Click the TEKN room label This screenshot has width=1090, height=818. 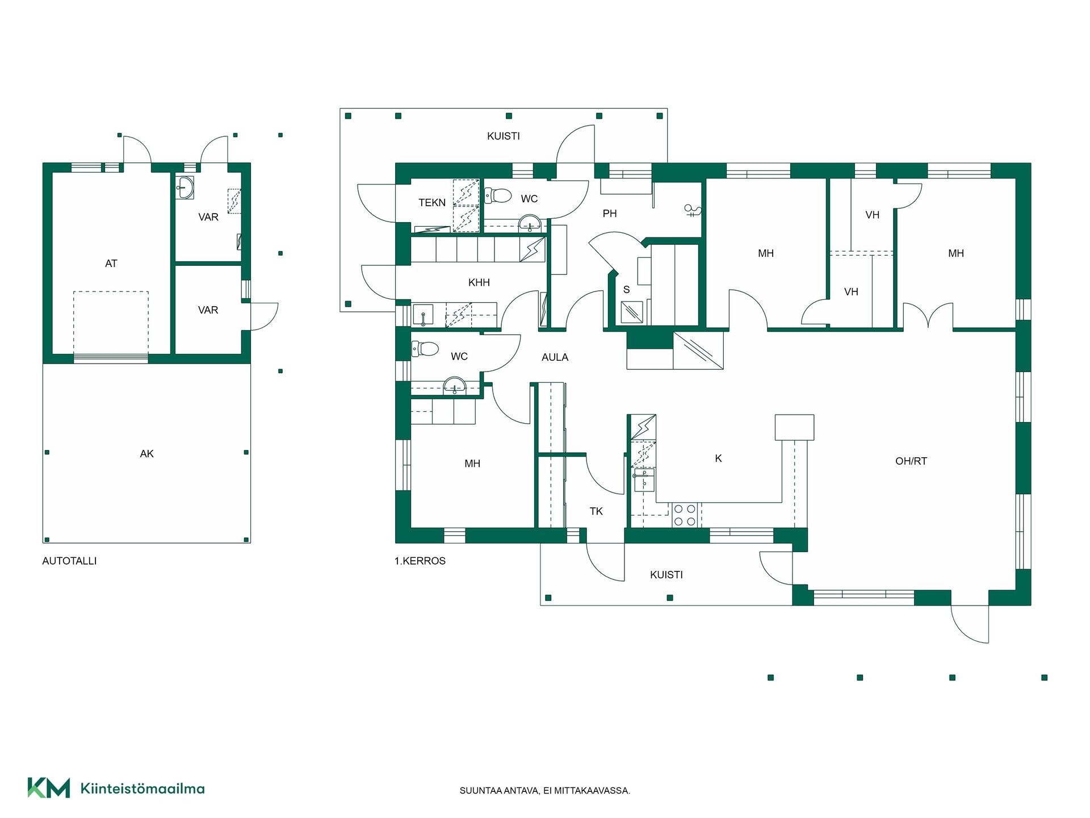click(432, 203)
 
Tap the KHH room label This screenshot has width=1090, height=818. click(479, 282)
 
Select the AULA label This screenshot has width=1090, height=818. click(555, 357)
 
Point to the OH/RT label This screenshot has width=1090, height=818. click(911, 461)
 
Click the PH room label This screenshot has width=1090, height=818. click(609, 214)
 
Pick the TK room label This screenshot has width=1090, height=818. click(596, 511)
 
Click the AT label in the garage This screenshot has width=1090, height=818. click(111, 264)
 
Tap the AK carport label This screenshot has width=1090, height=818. click(146, 454)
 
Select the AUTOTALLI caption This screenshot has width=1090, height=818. click(69, 561)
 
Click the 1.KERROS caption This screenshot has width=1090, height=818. click(420, 561)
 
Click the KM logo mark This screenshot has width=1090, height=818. click(49, 788)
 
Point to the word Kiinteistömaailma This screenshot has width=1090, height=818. click(142, 788)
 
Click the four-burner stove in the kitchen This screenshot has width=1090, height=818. click(685, 515)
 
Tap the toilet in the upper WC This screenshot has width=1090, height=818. click(498, 195)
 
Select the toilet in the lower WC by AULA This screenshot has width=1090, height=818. click(425, 348)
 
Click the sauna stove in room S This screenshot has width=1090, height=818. click(632, 312)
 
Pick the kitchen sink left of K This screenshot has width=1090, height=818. click(644, 480)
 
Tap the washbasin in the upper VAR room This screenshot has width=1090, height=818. click(184, 187)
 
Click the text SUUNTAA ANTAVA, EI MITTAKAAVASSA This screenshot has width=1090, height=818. click(544, 791)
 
